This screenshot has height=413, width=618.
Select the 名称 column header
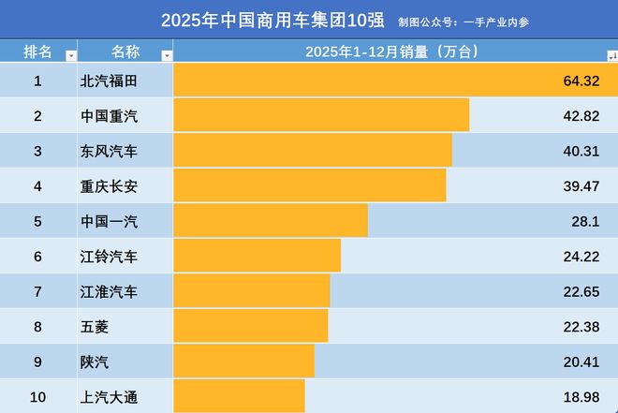[x=125, y=51]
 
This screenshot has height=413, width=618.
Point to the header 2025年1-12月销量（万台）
[x=392, y=51]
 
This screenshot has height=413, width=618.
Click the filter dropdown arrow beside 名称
[x=167, y=55]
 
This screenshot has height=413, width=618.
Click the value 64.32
[x=581, y=81]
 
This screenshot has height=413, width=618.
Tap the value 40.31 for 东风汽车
[x=581, y=151]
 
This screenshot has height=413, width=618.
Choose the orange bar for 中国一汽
[x=271, y=221]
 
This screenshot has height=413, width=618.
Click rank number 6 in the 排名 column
[x=37, y=256]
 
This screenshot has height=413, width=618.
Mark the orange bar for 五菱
[x=251, y=326]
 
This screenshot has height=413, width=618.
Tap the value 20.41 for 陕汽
[x=581, y=361]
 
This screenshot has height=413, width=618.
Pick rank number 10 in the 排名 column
[x=37, y=397]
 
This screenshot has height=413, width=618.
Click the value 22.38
[x=581, y=326]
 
